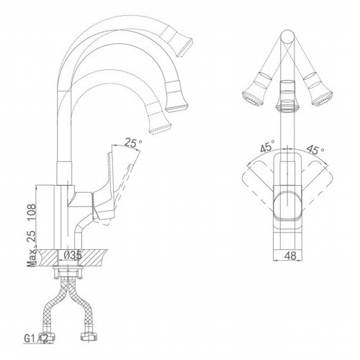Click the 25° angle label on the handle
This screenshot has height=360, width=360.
pyautogui.click(x=133, y=143)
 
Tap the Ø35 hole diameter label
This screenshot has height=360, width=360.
pyautogui.click(x=70, y=256)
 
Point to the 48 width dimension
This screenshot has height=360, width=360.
pyautogui.click(x=290, y=256)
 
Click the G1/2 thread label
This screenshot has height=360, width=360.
pyautogui.click(x=36, y=338)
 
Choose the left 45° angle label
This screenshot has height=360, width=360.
pyautogui.click(x=267, y=145)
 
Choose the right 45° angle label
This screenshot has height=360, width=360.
pyautogui.click(x=315, y=149)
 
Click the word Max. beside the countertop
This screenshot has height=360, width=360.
pyautogui.click(x=32, y=258)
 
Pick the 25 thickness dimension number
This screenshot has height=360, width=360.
pyautogui.click(x=32, y=236)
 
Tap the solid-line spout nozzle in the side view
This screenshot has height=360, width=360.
pyautogui.click(x=176, y=96)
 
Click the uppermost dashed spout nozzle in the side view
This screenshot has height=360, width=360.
pyautogui.click(x=177, y=42)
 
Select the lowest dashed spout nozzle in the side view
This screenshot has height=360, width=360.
pyautogui.click(x=158, y=118)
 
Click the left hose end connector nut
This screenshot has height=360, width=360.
pyautogui.click(x=48, y=337)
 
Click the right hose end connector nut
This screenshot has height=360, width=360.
pyautogui.click(x=89, y=336)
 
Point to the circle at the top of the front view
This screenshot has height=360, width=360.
pyautogui.click(x=287, y=37)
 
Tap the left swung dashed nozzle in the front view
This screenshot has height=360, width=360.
pyautogui.click(x=257, y=89)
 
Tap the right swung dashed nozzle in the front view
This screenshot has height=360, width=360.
pyautogui.click(x=318, y=89)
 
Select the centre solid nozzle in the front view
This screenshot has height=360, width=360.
pyautogui.click(x=287, y=96)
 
